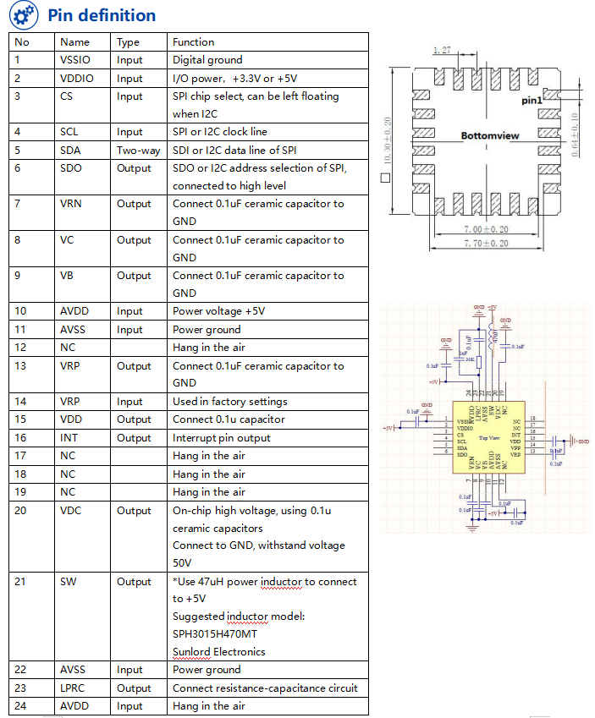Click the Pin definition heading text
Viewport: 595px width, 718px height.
click(x=102, y=15)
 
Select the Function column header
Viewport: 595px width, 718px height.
click(x=193, y=42)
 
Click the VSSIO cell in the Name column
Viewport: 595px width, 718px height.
click(x=75, y=60)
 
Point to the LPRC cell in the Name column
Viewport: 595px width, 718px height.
click(x=73, y=688)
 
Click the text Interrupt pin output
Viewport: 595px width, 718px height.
click(x=221, y=438)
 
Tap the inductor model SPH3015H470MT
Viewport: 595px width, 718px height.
click(x=215, y=634)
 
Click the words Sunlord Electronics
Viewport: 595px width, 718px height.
click(x=218, y=651)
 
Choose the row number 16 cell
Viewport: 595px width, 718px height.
click(x=21, y=438)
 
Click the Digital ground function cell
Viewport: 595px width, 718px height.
click(x=207, y=60)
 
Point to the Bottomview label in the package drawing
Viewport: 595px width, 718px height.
click(x=490, y=135)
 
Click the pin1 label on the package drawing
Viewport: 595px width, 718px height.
click(x=532, y=100)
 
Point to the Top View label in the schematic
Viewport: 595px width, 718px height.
click(x=489, y=438)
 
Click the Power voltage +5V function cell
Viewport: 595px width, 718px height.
click(x=218, y=311)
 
